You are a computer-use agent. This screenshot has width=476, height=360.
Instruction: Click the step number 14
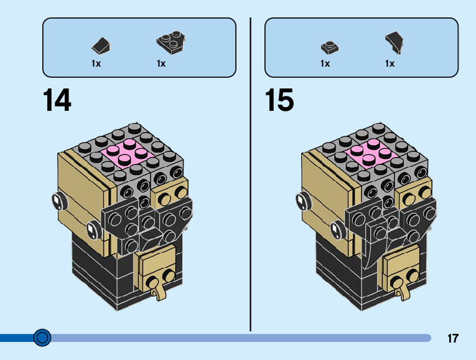(57, 100)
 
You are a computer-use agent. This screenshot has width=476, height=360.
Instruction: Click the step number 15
(279, 100)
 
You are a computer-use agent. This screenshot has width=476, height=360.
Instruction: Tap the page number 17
(452, 339)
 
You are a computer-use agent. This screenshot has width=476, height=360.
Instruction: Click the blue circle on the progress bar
(42, 338)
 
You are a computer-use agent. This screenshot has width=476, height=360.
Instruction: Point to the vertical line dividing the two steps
(250, 174)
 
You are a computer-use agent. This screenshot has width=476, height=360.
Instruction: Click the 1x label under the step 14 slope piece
(96, 64)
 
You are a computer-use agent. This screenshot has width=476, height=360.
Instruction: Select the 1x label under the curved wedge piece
(390, 64)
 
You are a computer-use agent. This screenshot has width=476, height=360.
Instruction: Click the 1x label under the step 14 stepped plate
(161, 64)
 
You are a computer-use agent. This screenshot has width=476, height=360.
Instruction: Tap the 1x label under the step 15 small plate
(325, 64)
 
